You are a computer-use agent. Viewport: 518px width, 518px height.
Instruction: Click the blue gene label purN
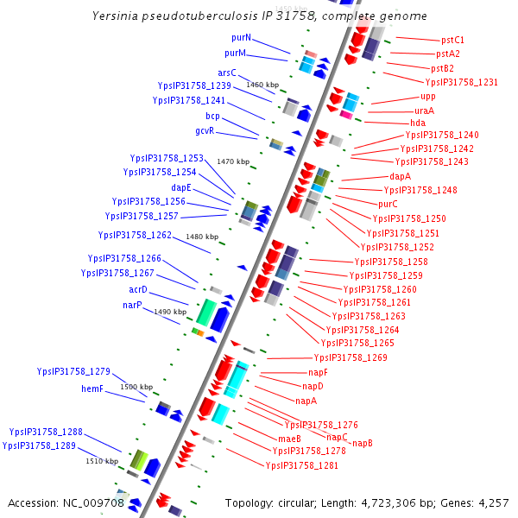(x=241, y=38)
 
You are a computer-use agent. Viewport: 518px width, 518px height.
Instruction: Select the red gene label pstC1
(x=452, y=40)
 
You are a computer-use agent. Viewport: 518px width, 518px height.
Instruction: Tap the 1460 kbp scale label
(x=262, y=85)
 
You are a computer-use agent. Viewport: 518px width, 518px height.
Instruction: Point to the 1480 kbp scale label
(x=202, y=237)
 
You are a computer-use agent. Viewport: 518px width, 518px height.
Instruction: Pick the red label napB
(x=362, y=443)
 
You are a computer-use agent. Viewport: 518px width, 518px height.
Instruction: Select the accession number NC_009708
(x=91, y=502)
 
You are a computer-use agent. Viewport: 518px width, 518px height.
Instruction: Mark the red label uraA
(x=424, y=111)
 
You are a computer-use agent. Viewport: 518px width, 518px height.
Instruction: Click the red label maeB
(x=289, y=439)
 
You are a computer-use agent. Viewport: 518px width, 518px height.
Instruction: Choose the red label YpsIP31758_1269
(x=351, y=357)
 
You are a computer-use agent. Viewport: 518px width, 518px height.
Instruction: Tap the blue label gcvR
(x=205, y=130)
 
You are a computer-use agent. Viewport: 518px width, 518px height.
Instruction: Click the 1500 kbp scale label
(x=136, y=387)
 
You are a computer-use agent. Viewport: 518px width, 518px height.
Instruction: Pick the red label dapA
(x=400, y=176)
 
